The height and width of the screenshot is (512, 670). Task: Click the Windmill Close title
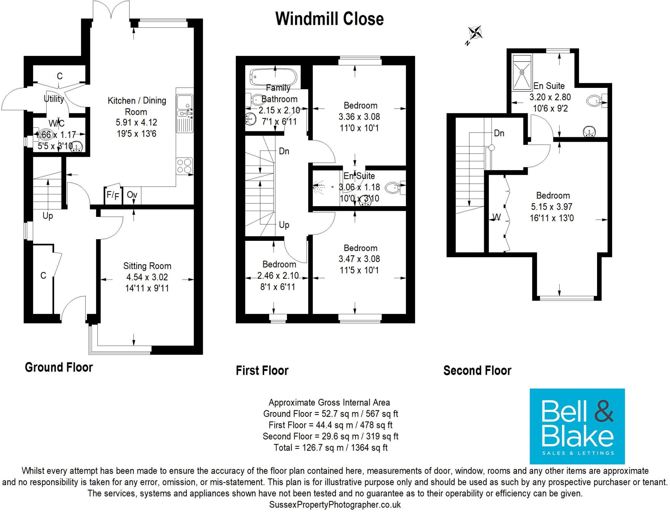329,19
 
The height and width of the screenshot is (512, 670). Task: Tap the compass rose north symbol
475,33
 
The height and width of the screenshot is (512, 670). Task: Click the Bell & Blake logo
577,426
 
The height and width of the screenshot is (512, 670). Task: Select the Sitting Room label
147,266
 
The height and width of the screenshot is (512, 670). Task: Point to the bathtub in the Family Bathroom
273,77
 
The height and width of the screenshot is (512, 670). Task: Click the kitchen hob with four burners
185,166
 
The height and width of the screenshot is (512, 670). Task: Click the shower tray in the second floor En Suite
522,73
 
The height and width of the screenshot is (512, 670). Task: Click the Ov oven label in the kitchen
132,195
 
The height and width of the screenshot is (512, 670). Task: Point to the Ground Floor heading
59,367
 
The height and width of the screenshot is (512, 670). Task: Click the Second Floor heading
477,371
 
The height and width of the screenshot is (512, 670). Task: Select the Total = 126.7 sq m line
330,448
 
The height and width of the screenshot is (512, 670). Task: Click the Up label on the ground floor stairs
48,216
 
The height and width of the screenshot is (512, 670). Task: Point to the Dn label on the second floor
499,133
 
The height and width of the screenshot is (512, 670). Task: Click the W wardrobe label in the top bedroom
497,217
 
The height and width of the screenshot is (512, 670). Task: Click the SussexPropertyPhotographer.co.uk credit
335,505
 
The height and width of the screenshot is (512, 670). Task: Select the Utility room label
54,99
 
